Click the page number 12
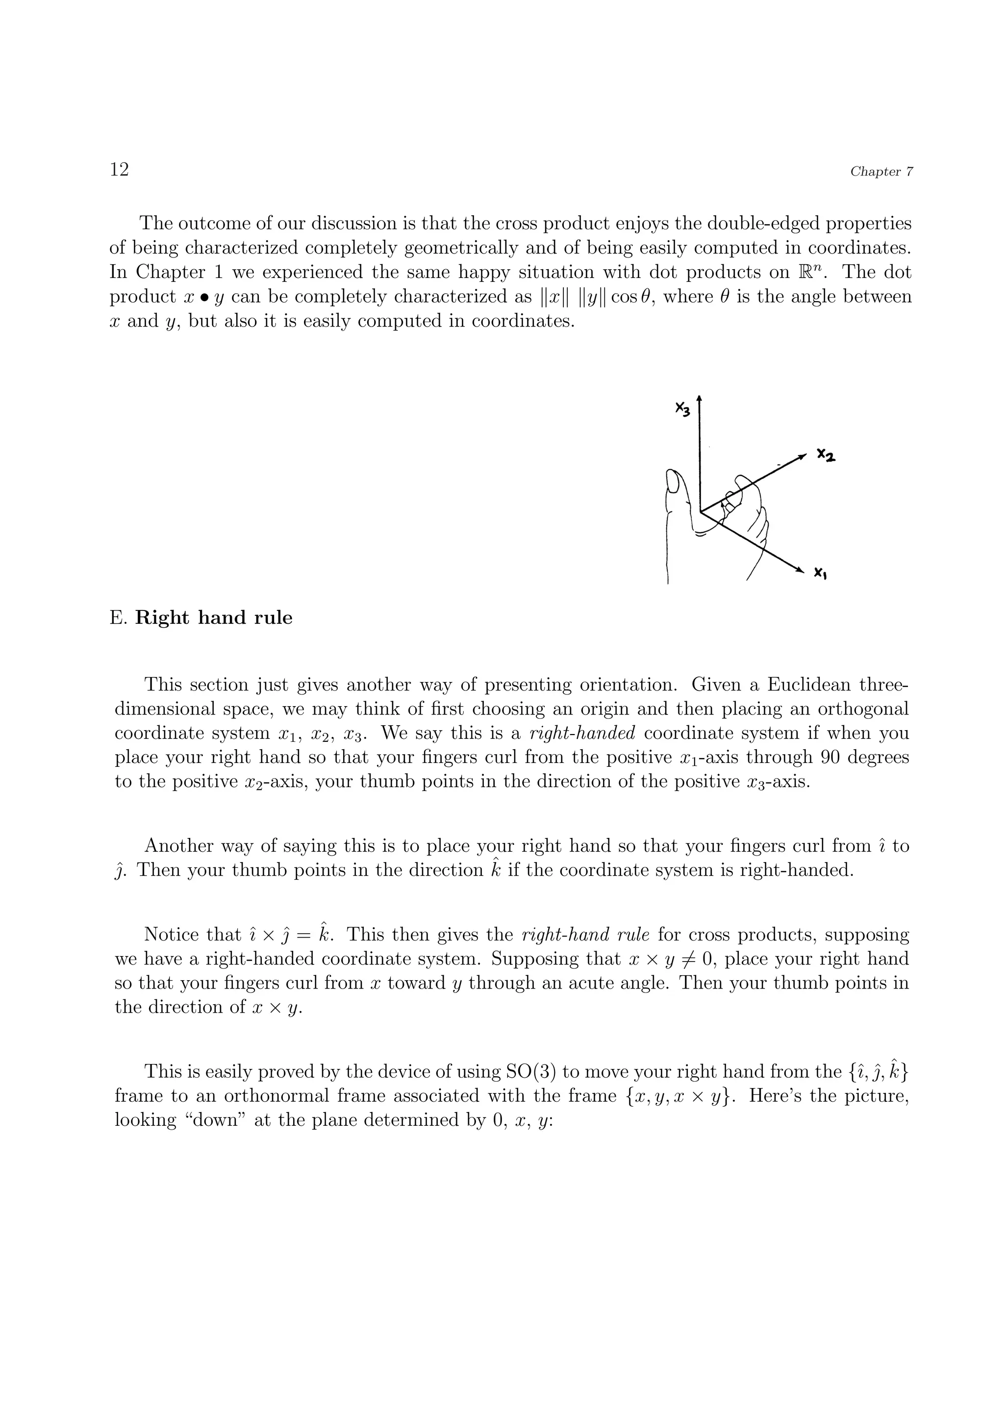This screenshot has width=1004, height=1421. tap(119, 169)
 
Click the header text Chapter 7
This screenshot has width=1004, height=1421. tap(881, 172)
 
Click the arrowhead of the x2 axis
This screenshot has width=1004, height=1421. tap(803, 456)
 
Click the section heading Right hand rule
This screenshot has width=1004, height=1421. tap(213, 618)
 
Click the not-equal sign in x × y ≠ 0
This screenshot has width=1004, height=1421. tap(682, 959)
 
